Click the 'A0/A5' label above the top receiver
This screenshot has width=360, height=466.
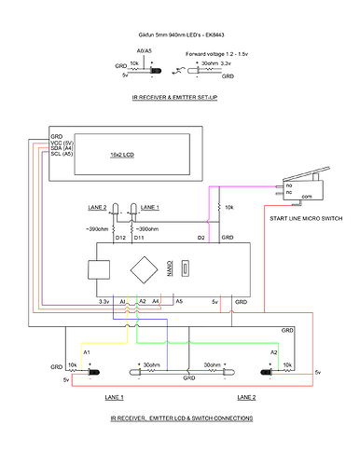click(x=145, y=48)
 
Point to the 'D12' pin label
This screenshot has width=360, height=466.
click(x=120, y=239)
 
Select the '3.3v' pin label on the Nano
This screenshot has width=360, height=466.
click(x=104, y=301)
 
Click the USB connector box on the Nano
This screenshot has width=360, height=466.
click(x=96, y=269)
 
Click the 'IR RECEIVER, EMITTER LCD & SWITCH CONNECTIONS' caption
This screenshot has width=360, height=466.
click(x=180, y=418)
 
